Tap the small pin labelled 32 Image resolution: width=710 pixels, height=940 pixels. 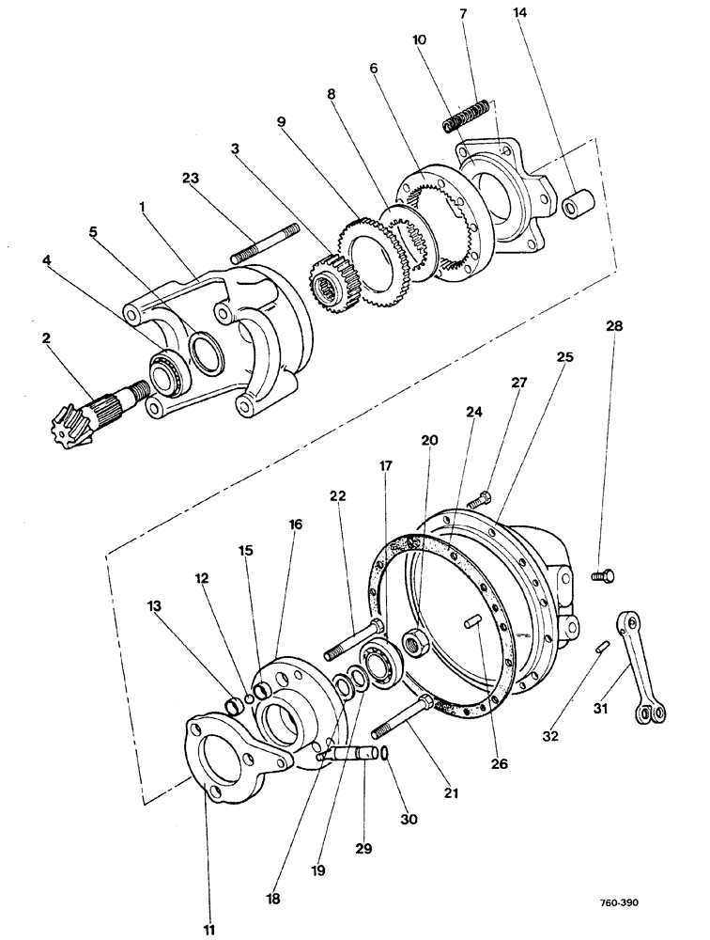pos(605,646)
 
